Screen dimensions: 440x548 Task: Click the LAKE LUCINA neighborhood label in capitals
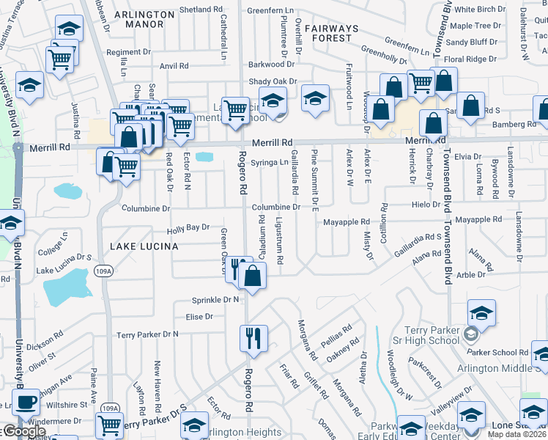[x=144, y=246]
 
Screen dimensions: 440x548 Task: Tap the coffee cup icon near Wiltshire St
[x=27, y=402]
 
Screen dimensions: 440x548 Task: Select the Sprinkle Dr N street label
[x=216, y=300]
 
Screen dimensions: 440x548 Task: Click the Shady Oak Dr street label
[x=273, y=81]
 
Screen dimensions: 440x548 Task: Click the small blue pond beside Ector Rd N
[x=205, y=157]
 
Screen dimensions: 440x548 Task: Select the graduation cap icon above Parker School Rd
[x=481, y=315]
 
